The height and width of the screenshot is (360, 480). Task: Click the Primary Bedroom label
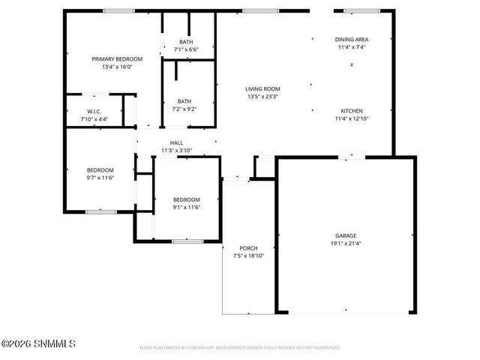coord(112,58)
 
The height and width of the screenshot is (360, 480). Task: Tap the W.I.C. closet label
coord(94,112)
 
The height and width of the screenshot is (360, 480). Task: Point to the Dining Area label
coord(352,40)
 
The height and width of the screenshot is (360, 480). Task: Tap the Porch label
coord(248,248)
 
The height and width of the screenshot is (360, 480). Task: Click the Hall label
coord(177,142)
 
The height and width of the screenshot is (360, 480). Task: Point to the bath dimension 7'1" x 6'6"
coord(186,49)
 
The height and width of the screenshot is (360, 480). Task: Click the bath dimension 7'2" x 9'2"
coord(184,109)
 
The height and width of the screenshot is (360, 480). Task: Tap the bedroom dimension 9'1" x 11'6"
coord(186,207)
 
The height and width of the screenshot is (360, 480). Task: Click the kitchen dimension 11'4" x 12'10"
coord(352,118)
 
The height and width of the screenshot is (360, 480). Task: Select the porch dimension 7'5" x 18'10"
coord(248,256)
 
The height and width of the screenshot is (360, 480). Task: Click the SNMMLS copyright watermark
coord(38,344)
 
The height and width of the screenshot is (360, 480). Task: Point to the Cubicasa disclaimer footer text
coord(240,348)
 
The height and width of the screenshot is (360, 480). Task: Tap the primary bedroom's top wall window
coord(114,10)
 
